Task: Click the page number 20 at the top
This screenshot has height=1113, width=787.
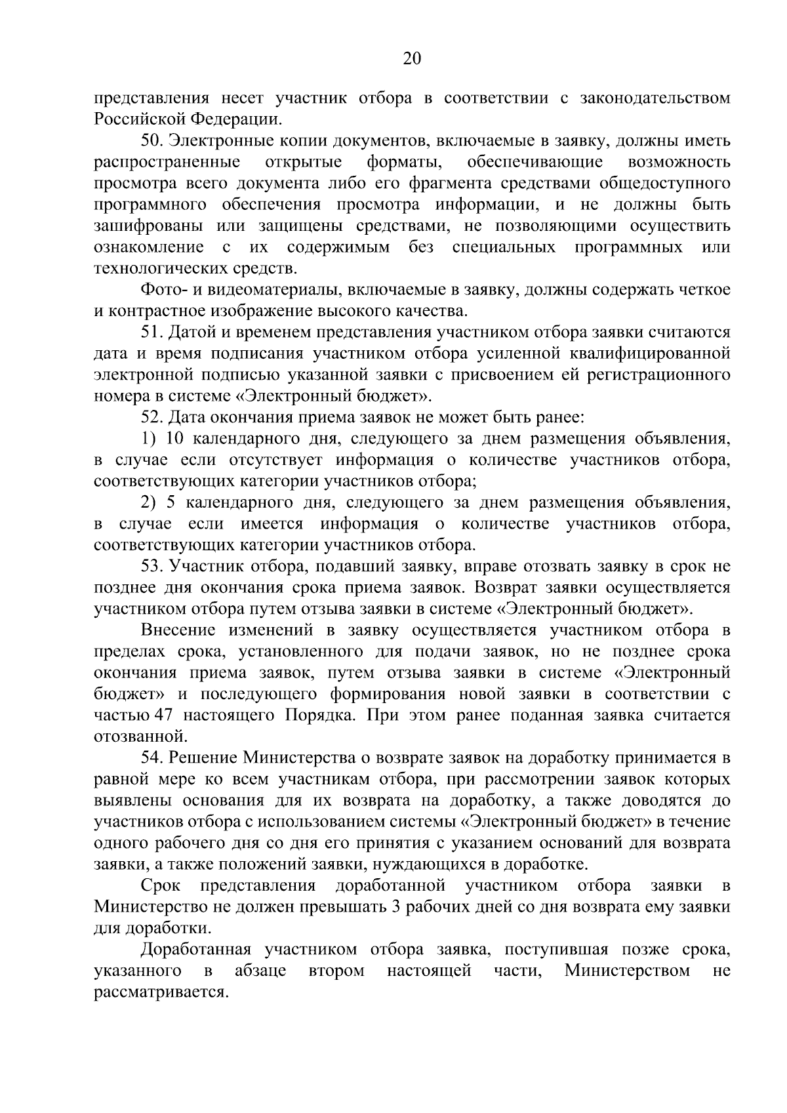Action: click(x=411, y=60)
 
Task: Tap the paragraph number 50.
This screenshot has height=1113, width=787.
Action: click(x=152, y=141)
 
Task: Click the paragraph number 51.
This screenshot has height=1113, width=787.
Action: click(x=152, y=333)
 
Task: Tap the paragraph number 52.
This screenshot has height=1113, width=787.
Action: click(x=152, y=418)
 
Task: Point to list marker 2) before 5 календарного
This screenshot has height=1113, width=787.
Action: click(x=148, y=503)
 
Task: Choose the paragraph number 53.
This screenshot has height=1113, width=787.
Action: click(x=152, y=567)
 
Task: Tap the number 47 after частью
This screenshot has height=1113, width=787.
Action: click(x=163, y=716)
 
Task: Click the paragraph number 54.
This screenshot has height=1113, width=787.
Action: click(x=152, y=758)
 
